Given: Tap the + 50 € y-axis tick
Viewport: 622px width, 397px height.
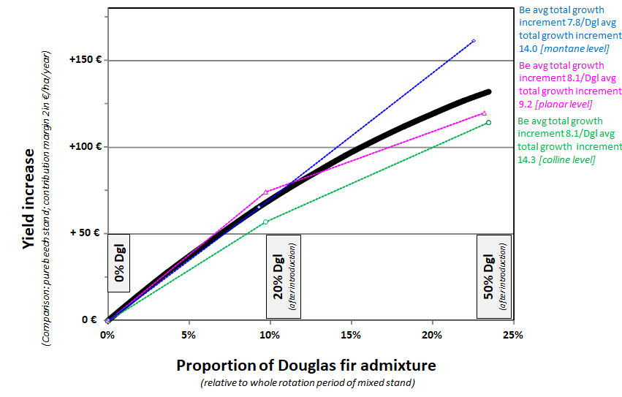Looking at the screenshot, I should point(86,233).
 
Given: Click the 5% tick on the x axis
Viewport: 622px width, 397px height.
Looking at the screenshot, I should point(189,336).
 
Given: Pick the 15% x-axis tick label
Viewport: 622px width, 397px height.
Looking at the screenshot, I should point(351,336).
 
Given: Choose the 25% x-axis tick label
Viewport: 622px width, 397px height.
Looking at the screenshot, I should point(513,336).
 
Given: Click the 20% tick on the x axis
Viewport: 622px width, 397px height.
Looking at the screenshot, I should point(432,336).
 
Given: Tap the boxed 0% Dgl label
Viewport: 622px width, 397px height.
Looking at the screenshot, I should point(120,267).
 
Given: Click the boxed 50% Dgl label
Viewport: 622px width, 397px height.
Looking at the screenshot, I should point(493,276).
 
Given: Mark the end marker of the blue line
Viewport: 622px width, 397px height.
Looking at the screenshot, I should point(474,41).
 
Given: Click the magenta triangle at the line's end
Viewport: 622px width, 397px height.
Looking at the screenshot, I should point(484,113).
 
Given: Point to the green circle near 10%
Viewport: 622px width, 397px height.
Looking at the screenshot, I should point(266,222).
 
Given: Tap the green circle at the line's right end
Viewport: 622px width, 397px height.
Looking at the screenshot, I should point(488,122).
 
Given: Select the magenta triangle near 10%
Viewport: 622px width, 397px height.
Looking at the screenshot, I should point(266,192).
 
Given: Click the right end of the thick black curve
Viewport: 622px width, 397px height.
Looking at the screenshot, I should point(488,91).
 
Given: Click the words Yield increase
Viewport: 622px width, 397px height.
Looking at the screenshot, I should point(29,199).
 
